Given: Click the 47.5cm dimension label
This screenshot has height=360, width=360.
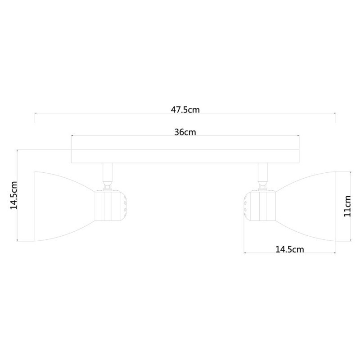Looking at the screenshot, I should click(185, 110).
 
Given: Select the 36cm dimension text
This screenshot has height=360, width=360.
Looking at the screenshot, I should click(185, 132).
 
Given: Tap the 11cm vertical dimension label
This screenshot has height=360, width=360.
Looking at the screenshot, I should click(347, 206).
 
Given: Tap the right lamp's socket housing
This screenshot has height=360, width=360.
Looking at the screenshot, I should click(261, 206).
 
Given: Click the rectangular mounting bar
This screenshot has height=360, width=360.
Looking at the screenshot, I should click(185, 156).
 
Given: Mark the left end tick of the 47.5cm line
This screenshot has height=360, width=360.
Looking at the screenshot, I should click(36, 117).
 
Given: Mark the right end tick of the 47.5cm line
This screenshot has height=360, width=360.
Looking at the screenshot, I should click(336, 117).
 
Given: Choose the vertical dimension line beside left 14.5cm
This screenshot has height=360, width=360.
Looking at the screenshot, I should click(17, 195).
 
